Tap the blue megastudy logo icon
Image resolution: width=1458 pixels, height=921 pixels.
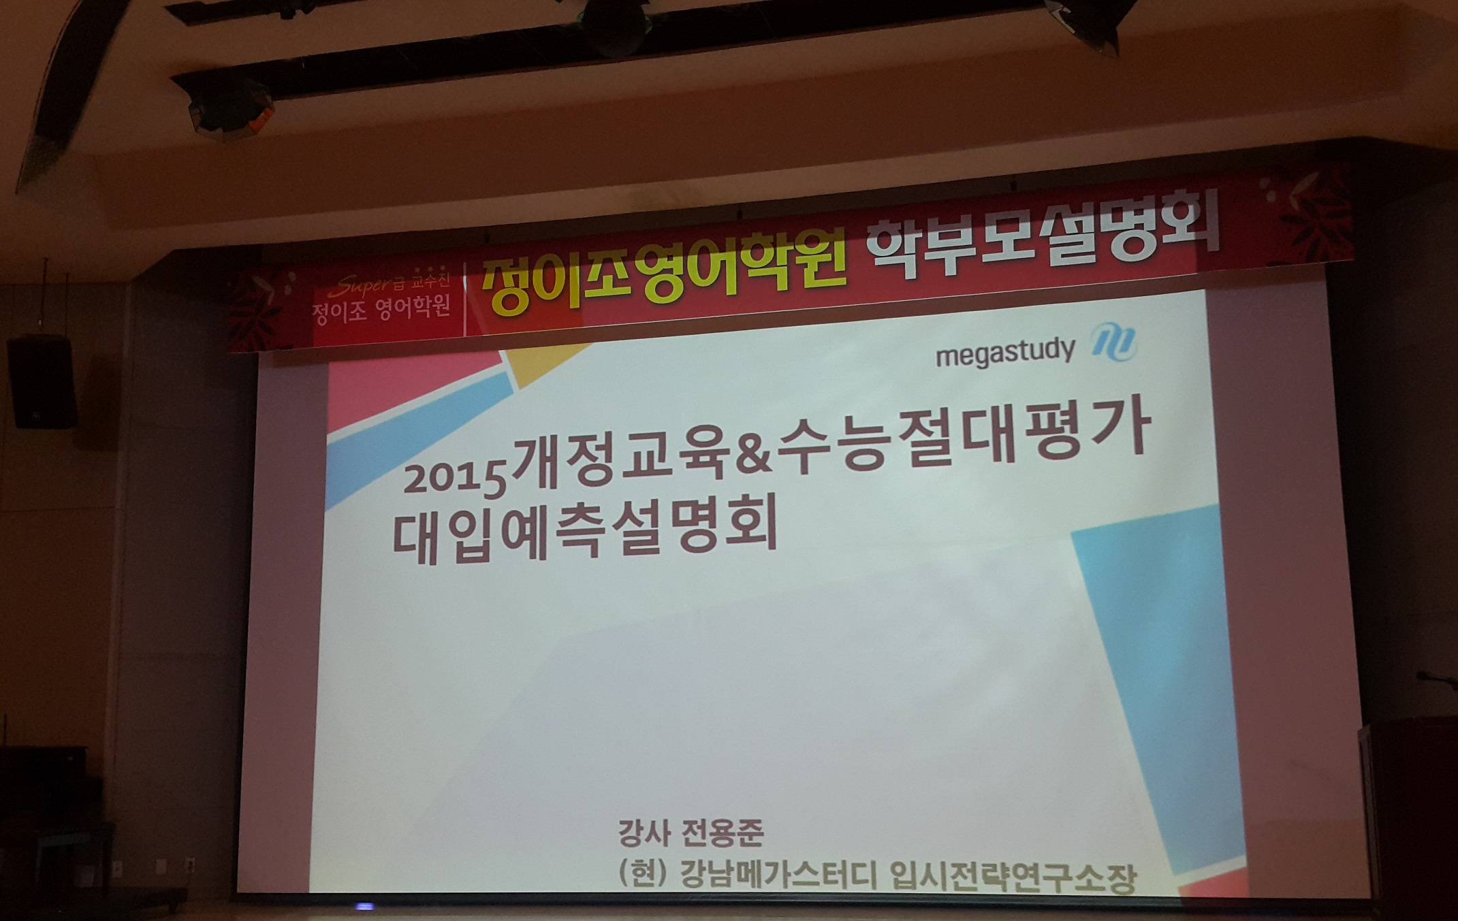point(1114,342)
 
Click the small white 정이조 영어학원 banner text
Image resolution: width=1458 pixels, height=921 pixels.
point(381,310)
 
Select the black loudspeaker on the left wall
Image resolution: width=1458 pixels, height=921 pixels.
point(42,383)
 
